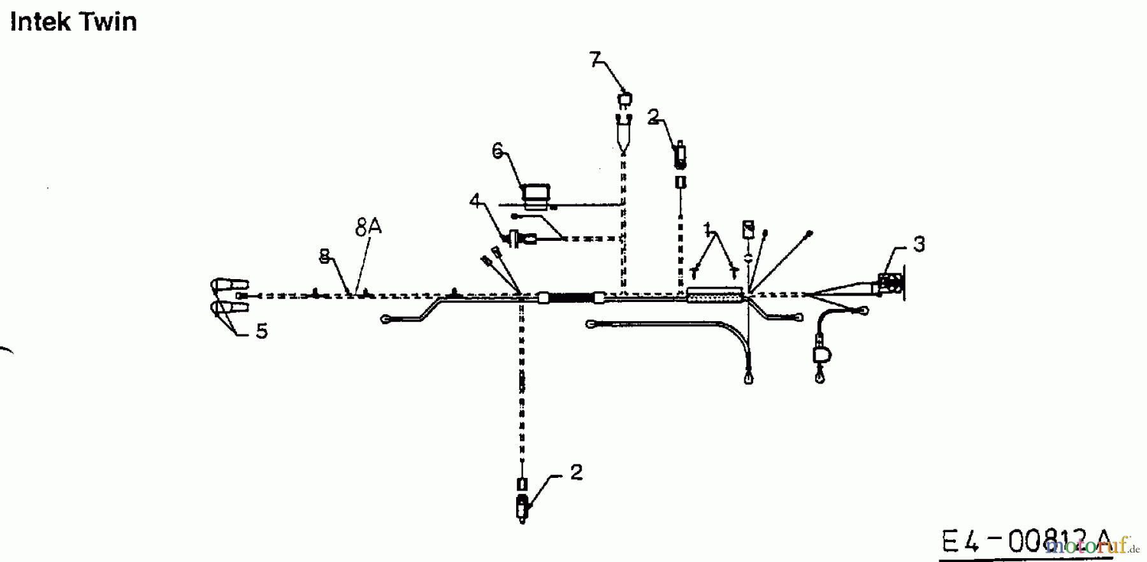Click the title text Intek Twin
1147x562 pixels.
tap(73, 22)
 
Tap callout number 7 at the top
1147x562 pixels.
tap(595, 59)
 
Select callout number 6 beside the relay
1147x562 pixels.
tap(498, 150)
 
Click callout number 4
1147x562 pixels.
tap(475, 201)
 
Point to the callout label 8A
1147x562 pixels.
tap(368, 227)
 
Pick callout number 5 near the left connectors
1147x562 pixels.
tap(261, 331)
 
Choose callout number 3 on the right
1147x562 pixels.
tap(918, 244)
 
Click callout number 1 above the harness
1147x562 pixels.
tap(707, 228)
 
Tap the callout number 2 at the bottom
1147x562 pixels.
tap(576, 472)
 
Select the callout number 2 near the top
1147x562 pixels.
tap(653, 117)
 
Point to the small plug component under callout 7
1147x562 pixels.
tap(624, 100)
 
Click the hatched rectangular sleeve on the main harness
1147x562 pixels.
tap(714, 296)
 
